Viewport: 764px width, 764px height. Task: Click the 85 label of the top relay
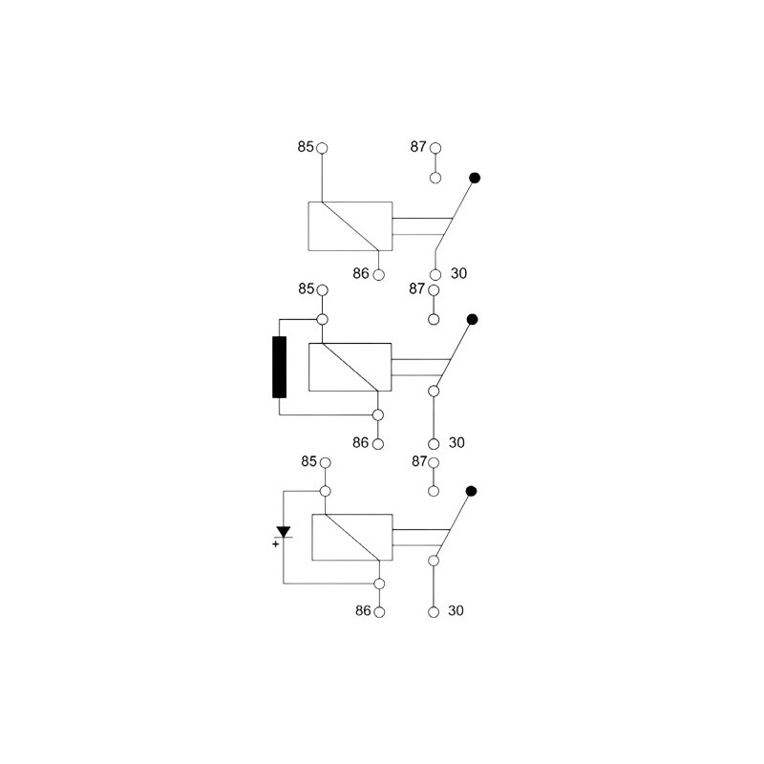click(x=306, y=147)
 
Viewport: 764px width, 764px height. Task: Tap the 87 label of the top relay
click(x=418, y=147)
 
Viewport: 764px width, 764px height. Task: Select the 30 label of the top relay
click(x=458, y=273)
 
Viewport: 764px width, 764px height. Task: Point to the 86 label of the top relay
click(x=361, y=273)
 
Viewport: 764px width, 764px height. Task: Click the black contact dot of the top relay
click(x=475, y=178)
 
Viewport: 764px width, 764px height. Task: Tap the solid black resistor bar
click(x=279, y=367)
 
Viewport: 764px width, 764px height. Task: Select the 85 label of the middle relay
click(x=306, y=289)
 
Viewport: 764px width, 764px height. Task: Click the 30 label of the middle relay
click(x=456, y=442)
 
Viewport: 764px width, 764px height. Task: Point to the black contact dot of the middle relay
click(x=472, y=319)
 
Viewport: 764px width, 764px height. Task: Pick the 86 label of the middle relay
click(x=361, y=442)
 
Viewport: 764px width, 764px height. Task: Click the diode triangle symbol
click(x=283, y=532)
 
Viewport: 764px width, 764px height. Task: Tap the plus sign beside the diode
click(x=276, y=543)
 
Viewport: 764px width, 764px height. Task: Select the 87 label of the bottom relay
click(x=419, y=461)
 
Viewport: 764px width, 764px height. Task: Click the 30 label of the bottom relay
click(x=456, y=610)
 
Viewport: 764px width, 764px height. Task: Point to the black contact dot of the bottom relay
click(x=471, y=491)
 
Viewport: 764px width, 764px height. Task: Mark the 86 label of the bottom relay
click(x=363, y=610)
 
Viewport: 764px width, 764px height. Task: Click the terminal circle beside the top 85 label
click(x=322, y=148)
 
